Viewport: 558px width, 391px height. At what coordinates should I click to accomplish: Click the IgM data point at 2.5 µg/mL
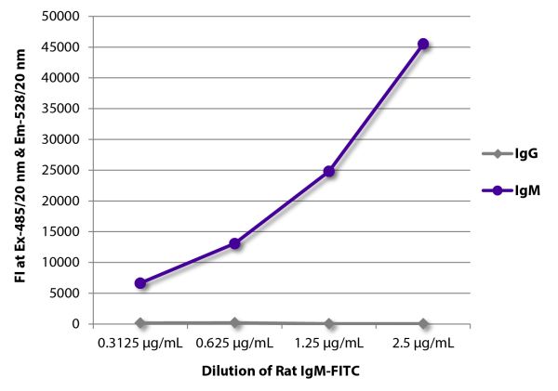(x=423, y=44)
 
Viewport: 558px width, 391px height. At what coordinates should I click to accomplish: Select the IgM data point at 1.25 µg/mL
(x=329, y=171)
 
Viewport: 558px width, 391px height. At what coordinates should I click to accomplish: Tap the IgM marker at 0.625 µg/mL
(x=235, y=243)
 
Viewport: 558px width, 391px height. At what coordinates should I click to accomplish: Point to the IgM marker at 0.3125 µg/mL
(x=140, y=282)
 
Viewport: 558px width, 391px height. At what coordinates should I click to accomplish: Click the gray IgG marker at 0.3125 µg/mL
(x=140, y=322)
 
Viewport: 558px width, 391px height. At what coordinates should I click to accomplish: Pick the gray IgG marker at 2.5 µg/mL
(x=423, y=323)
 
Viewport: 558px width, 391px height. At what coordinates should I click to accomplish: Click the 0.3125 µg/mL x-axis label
(x=140, y=343)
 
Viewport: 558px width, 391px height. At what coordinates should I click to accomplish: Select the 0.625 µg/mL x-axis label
(x=235, y=343)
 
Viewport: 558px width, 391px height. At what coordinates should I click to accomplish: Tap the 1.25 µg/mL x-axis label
(x=329, y=343)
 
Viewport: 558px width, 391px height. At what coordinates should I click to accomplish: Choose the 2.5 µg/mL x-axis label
(x=423, y=343)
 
